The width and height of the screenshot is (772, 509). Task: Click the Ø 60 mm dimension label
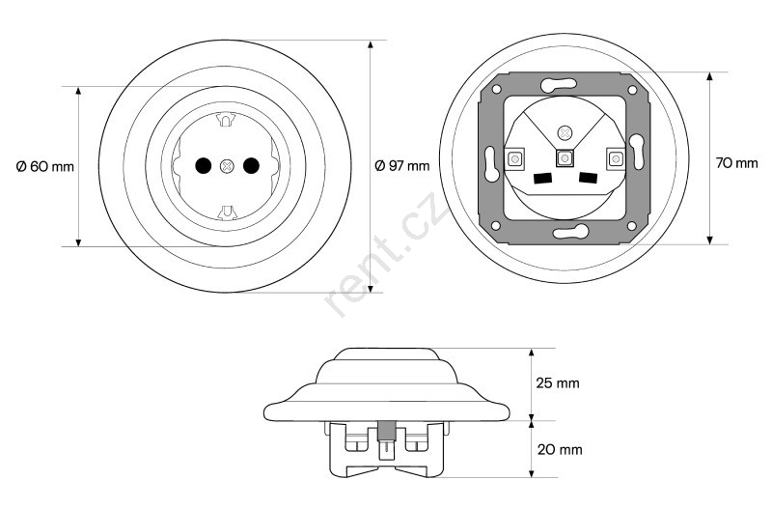click(x=44, y=166)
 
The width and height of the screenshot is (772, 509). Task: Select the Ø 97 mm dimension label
click(x=401, y=165)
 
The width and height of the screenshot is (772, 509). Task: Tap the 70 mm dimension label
click(x=736, y=162)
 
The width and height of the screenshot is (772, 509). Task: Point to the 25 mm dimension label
click(x=558, y=382)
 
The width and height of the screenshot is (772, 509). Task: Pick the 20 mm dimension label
click(x=560, y=449)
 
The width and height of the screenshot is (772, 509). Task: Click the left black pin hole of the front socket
click(x=203, y=166)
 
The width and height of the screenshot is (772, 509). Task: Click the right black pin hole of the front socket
click(x=251, y=166)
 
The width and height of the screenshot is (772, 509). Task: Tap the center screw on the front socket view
click(x=227, y=166)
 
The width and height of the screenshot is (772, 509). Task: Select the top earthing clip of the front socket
click(x=227, y=120)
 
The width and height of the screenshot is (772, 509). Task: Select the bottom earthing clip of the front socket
click(x=227, y=212)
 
